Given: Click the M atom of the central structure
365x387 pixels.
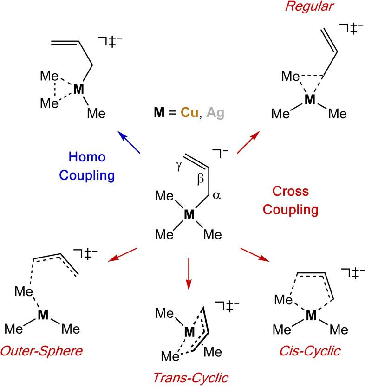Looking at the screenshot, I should pyautogui.click(x=189, y=214).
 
